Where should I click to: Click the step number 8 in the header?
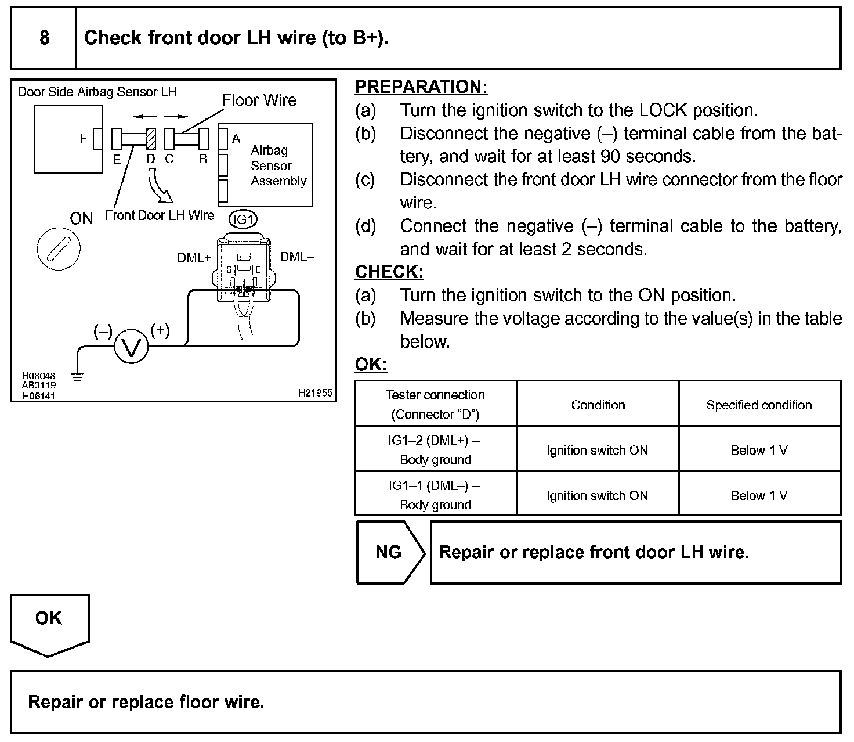(x=44, y=38)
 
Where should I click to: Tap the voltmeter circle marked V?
(x=131, y=348)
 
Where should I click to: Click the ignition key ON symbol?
(x=59, y=250)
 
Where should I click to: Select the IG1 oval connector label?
(x=243, y=219)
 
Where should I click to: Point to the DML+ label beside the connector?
(x=194, y=258)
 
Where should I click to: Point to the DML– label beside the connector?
(x=297, y=257)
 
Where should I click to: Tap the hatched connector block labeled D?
(x=151, y=139)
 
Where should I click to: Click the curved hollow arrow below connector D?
(x=158, y=185)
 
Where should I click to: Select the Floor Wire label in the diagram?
(x=259, y=100)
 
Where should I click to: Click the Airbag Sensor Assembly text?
(x=278, y=165)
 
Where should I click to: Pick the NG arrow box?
(x=390, y=552)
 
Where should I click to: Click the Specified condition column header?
(x=759, y=405)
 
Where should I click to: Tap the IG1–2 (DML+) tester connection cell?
(x=435, y=449)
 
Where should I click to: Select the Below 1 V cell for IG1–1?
(x=759, y=495)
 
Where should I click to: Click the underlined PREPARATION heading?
(x=421, y=87)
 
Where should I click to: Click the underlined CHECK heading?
(x=389, y=272)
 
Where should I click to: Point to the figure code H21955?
(x=315, y=393)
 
